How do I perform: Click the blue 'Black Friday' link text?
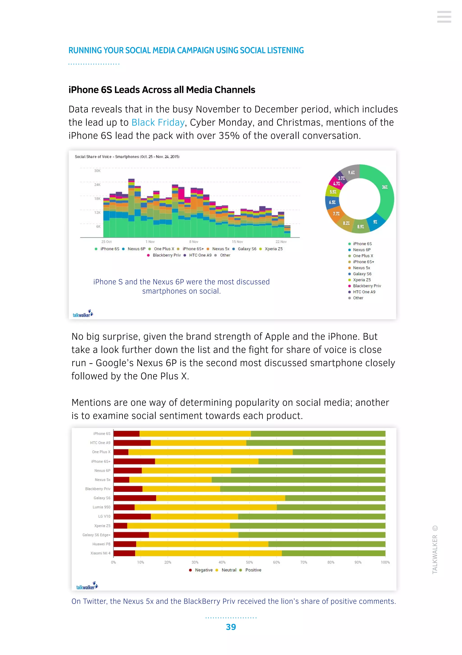coord(158,122)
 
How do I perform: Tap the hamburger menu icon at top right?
coord(444,17)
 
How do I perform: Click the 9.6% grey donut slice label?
coord(351,173)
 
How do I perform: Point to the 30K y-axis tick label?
coord(97,171)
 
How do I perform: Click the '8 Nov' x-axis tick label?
coord(194,242)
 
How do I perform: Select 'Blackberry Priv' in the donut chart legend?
coord(367,286)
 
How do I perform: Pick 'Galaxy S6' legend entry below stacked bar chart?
coord(247,249)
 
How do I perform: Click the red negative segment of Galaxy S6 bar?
coord(135,498)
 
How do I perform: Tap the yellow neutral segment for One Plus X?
coord(210,452)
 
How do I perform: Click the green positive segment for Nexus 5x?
coord(298,480)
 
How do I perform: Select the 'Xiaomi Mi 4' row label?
coord(100,553)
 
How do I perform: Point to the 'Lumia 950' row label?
coord(101,507)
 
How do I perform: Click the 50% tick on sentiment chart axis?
coord(249,562)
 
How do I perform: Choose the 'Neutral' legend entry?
coord(229,570)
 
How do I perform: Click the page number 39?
coord(231,627)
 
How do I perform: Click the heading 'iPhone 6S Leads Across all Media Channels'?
coord(162,90)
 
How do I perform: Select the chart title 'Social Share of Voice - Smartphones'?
coord(127,157)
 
